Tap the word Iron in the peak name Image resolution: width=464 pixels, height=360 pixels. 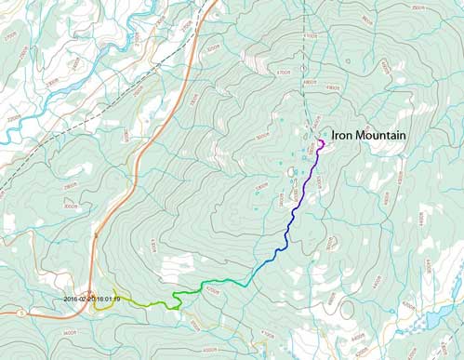344,134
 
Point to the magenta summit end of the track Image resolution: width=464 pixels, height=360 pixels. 320,142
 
